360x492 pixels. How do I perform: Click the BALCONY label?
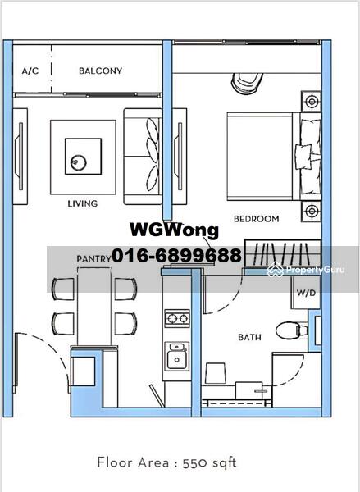100,71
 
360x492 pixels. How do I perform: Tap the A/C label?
30,71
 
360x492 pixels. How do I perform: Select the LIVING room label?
83,203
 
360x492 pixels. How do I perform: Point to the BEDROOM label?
257,219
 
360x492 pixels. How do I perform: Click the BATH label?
249,337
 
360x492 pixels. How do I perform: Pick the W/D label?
306,293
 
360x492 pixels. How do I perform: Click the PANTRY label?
93,258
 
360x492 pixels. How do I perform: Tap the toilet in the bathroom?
292,330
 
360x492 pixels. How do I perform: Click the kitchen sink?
177,356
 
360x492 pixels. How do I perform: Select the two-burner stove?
177,318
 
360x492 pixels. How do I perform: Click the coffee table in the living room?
83,157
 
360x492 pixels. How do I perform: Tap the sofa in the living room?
142,157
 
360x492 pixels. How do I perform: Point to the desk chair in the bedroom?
247,83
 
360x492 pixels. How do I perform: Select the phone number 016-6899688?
176,255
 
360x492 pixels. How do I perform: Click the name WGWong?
174,230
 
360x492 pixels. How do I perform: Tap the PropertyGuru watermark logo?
306,270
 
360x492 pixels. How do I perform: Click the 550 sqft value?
209,462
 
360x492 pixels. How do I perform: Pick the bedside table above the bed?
311,102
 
